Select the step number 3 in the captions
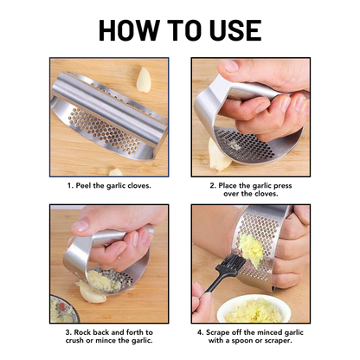pyautogui.click(x=55, y=331)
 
